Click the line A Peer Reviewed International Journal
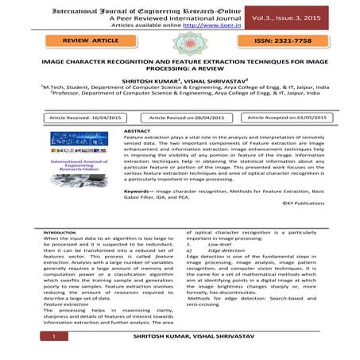[149, 17]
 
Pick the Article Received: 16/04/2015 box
[83, 116]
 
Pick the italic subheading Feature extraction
[67, 303]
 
